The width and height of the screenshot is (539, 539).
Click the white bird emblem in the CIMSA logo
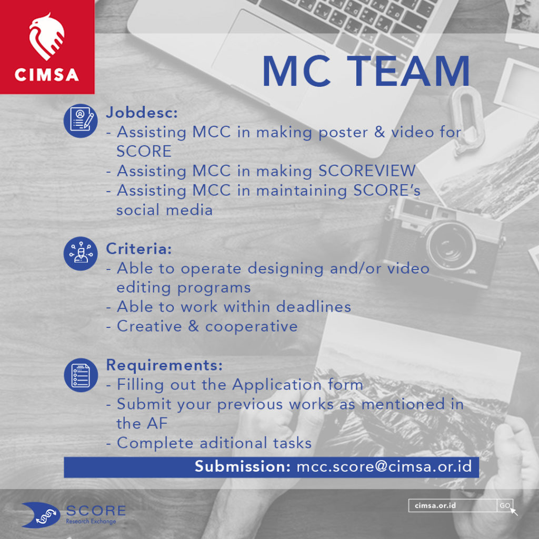click(x=47, y=36)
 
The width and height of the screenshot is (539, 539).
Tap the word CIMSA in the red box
click(x=47, y=75)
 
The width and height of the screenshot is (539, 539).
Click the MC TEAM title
click(x=366, y=72)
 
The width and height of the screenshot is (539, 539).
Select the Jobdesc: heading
click(x=142, y=113)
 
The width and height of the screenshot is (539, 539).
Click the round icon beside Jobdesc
click(x=81, y=121)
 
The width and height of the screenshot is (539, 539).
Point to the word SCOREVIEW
click(x=367, y=171)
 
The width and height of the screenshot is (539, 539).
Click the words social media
click(x=164, y=210)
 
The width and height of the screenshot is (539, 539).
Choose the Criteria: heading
click(x=139, y=248)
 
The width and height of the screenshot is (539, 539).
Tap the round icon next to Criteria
click(x=81, y=253)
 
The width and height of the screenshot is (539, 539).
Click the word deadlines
click(x=314, y=307)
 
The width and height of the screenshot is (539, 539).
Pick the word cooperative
click(x=251, y=327)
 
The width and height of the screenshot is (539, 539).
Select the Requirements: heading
click(x=164, y=365)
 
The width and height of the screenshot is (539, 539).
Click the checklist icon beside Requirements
click(x=81, y=375)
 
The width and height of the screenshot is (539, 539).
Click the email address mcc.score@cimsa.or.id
click(x=384, y=466)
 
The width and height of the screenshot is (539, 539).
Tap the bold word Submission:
click(x=243, y=466)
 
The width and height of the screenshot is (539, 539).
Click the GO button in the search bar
click(x=505, y=506)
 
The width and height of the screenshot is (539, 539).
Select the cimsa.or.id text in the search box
click(x=435, y=506)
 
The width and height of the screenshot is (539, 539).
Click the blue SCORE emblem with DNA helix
click(x=41, y=515)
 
